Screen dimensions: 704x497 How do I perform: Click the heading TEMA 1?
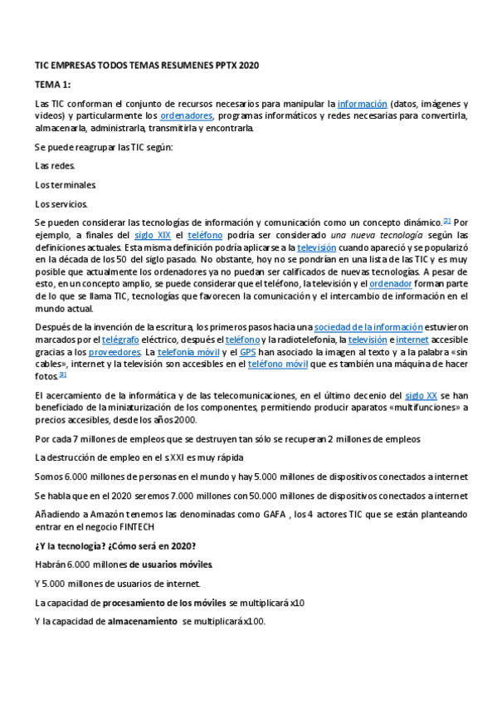[x=52, y=84]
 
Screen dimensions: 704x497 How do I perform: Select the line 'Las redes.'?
[x=55, y=165]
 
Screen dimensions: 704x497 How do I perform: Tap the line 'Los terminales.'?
[x=66, y=184]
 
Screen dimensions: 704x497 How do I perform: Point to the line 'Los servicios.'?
[x=62, y=203]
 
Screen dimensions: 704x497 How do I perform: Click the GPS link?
[x=248, y=351]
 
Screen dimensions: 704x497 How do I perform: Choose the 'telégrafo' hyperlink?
[x=121, y=340]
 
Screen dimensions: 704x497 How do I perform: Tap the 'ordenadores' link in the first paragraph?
[x=187, y=115]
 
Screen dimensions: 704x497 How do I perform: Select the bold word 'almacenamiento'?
[x=143, y=621]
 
